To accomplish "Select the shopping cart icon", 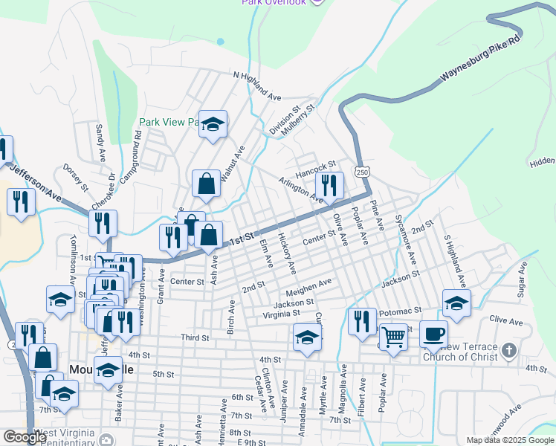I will pyautogui.click(x=393, y=336).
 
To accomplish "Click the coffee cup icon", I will pyautogui.click(x=433, y=334).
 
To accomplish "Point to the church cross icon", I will pyautogui.click(x=508, y=349).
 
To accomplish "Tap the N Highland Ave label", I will pyautogui.click(x=257, y=86).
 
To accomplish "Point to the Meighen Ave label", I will pyautogui.click(x=313, y=286).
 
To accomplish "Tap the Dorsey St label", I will pyautogui.click(x=76, y=177).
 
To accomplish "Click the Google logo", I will pyautogui.click(x=25, y=437).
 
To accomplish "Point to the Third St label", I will pyautogui.click(x=195, y=337).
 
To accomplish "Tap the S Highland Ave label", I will pyautogui.click(x=454, y=262).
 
